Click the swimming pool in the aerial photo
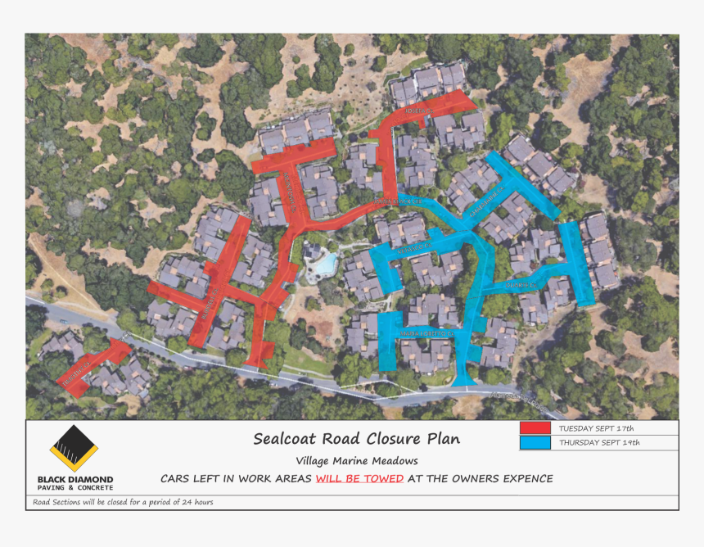coord(327,264)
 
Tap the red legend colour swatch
coord(535,427)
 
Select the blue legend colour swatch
coord(535,443)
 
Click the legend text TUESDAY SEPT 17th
coord(596,428)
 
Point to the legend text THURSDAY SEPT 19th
coord(599,443)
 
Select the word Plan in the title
coord(444,439)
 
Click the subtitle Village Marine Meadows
coord(357,461)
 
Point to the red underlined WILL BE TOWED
coord(359,478)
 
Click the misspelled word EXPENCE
coord(522,478)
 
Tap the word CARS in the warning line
coord(175,478)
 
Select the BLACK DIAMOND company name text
coord(75,480)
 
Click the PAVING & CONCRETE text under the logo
coord(75,488)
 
